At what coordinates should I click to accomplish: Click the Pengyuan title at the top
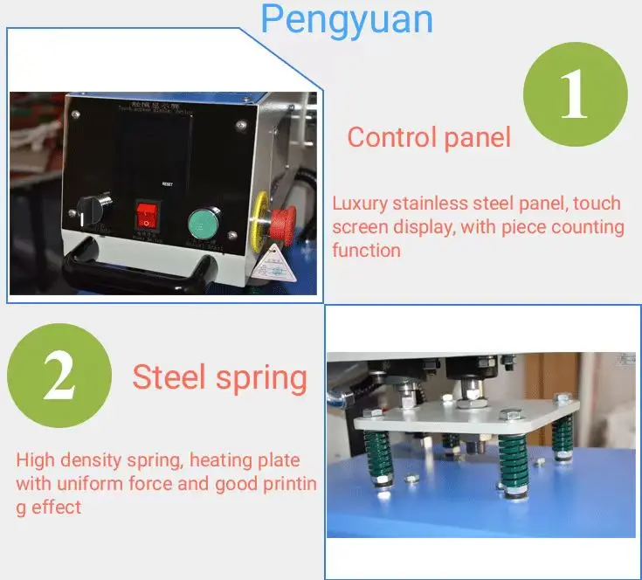pos(347,19)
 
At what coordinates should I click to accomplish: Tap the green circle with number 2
pos(59,378)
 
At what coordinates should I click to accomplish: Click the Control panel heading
pos(429,138)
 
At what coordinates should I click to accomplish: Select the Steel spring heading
pos(219,378)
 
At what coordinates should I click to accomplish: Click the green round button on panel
pos(205,223)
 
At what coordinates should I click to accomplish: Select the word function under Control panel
pos(366,251)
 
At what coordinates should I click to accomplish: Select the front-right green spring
pos(513,461)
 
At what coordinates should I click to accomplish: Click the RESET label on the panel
pos(169,184)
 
